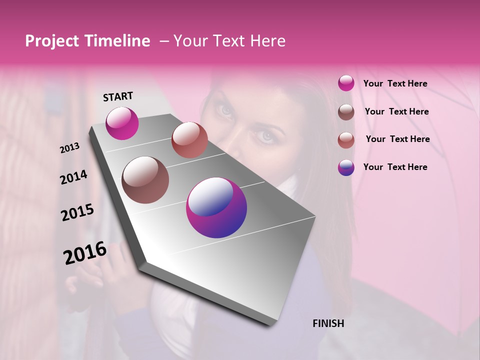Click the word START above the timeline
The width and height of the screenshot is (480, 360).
pyautogui.click(x=118, y=96)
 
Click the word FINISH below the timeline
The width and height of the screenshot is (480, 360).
pyautogui.click(x=328, y=323)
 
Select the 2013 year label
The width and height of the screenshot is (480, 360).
pyautogui.click(x=69, y=148)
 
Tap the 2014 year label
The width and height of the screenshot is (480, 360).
pyautogui.click(x=73, y=177)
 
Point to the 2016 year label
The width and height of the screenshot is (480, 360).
pyautogui.click(x=85, y=253)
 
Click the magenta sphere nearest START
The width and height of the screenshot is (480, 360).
pyautogui.click(x=122, y=123)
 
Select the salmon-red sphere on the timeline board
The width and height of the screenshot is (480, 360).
pyautogui.click(x=189, y=140)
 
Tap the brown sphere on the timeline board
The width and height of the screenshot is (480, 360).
pyautogui.click(x=145, y=180)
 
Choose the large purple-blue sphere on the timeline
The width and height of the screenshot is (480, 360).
pyautogui.click(x=216, y=207)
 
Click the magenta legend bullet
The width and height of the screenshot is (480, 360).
pyautogui.click(x=346, y=83)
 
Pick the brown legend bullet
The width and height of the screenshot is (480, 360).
pyautogui.click(x=346, y=112)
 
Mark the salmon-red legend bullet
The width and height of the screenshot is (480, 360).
pyautogui.click(x=346, y=140)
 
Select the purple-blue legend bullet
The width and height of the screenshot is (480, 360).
pyautogui.click(x=346, y=167)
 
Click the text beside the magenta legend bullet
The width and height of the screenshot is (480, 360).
pyautogui.click(x=395, y=83)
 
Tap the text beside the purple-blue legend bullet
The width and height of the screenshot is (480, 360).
pyautogui.click(x=395, y=167)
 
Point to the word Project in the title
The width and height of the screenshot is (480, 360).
pyautogui.click(x=52, y=41)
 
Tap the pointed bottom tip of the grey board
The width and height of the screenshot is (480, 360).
pyautogui.click(x=270, y=325)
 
